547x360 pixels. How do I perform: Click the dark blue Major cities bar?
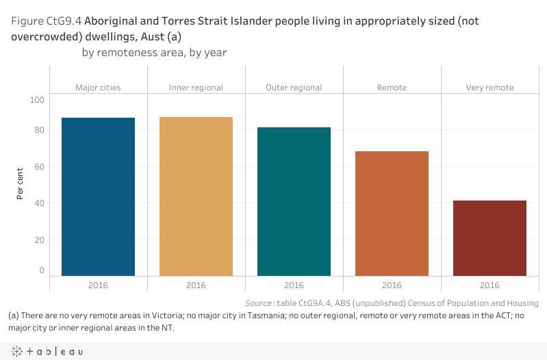[x=98, y=196]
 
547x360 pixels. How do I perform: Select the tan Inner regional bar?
[x=196, y=196]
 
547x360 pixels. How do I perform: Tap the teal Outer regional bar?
[x=294, y=201]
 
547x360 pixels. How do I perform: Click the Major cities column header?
[x=98, y=88]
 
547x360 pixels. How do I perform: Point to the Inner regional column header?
[x=196, y=88]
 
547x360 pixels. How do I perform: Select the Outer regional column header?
[x=294, y=88]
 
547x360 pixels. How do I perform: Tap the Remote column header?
[x=392, y=88]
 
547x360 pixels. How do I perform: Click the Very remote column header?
[x=489, y=88]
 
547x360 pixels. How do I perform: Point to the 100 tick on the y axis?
[x=37, y=100]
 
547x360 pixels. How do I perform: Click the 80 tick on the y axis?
[x=39, y=130]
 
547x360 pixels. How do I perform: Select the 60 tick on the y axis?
[x=39, y=166]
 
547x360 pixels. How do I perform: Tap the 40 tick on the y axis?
[x=39, y=203]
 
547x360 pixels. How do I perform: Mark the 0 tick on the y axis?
[x=41, y=270]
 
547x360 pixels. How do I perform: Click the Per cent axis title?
[x=21, y=183]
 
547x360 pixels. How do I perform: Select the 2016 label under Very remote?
[x=489, y=285]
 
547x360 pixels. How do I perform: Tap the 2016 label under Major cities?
[x=98, y=285]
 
